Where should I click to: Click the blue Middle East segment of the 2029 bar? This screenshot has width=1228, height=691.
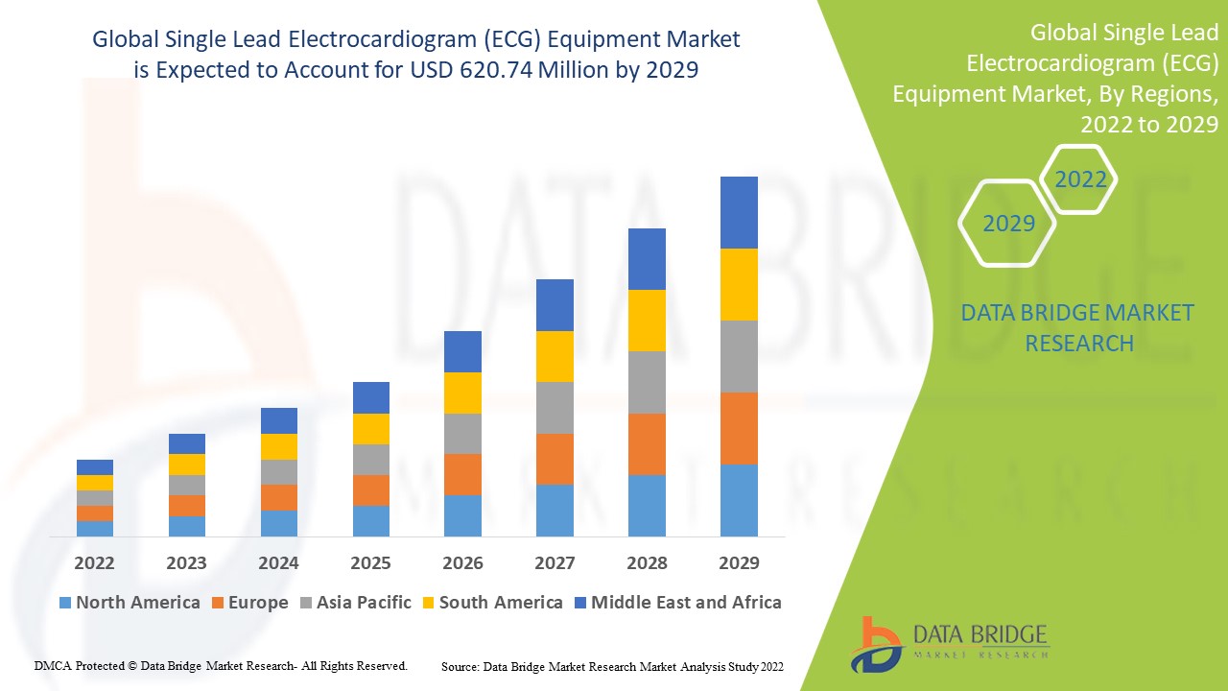(x=739, y=212)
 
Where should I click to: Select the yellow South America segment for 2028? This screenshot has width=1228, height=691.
(x=647, y=321)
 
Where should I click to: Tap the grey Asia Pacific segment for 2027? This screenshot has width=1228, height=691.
(x=555, y=408)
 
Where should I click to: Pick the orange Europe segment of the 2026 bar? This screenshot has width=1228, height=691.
(x=462, y=474)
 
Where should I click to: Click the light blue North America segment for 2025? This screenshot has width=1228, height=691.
(x=371, y=520)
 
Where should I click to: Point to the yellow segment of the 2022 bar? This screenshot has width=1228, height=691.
(x=95, y=483)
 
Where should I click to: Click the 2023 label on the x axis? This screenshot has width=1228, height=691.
(x=186, y=562)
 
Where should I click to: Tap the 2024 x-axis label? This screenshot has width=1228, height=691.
(x=278, y=562)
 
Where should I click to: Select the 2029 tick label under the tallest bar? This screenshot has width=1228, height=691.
(x=739, y=562)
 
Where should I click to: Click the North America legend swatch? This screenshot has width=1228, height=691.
(x=65, y=604)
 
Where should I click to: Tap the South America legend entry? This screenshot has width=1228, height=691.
(x=490, y=603)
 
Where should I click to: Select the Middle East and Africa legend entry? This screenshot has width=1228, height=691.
(x=676, y=603)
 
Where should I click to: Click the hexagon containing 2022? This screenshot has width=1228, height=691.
(x=1080, y=179)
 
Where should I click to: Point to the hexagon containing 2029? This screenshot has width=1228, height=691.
(x=1008, y=223)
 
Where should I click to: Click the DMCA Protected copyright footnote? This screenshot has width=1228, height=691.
(x=221, y=665)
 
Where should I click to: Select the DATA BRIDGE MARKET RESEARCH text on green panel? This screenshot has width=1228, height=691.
(x=1077, y=327)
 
